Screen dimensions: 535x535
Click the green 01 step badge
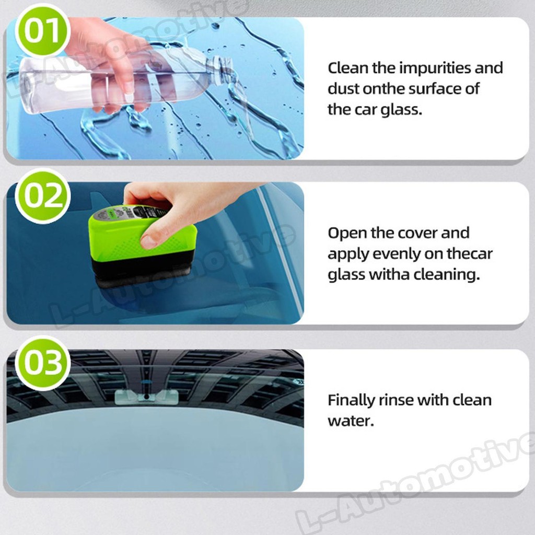[42, 31]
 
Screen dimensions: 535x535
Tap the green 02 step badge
[42, 196]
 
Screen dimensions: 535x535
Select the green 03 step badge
[42, 363]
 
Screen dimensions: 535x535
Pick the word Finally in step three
[351, 400]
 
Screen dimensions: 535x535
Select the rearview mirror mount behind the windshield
[147, 397]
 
